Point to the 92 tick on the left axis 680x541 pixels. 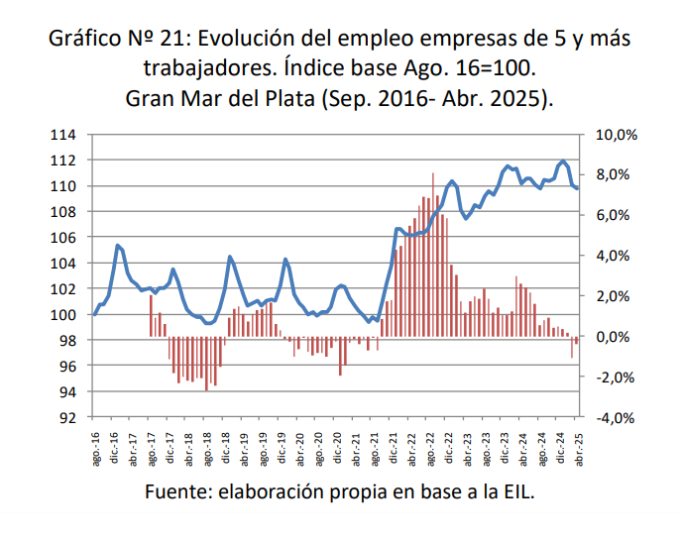[66, 418]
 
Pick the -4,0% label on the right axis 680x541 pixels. [615, 418]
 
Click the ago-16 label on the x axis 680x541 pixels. [95, 443]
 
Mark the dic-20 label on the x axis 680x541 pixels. [338, 443]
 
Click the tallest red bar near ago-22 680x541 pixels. [432, 248]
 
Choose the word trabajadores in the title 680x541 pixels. [204, 70]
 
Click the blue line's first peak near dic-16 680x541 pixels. [118, 245]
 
